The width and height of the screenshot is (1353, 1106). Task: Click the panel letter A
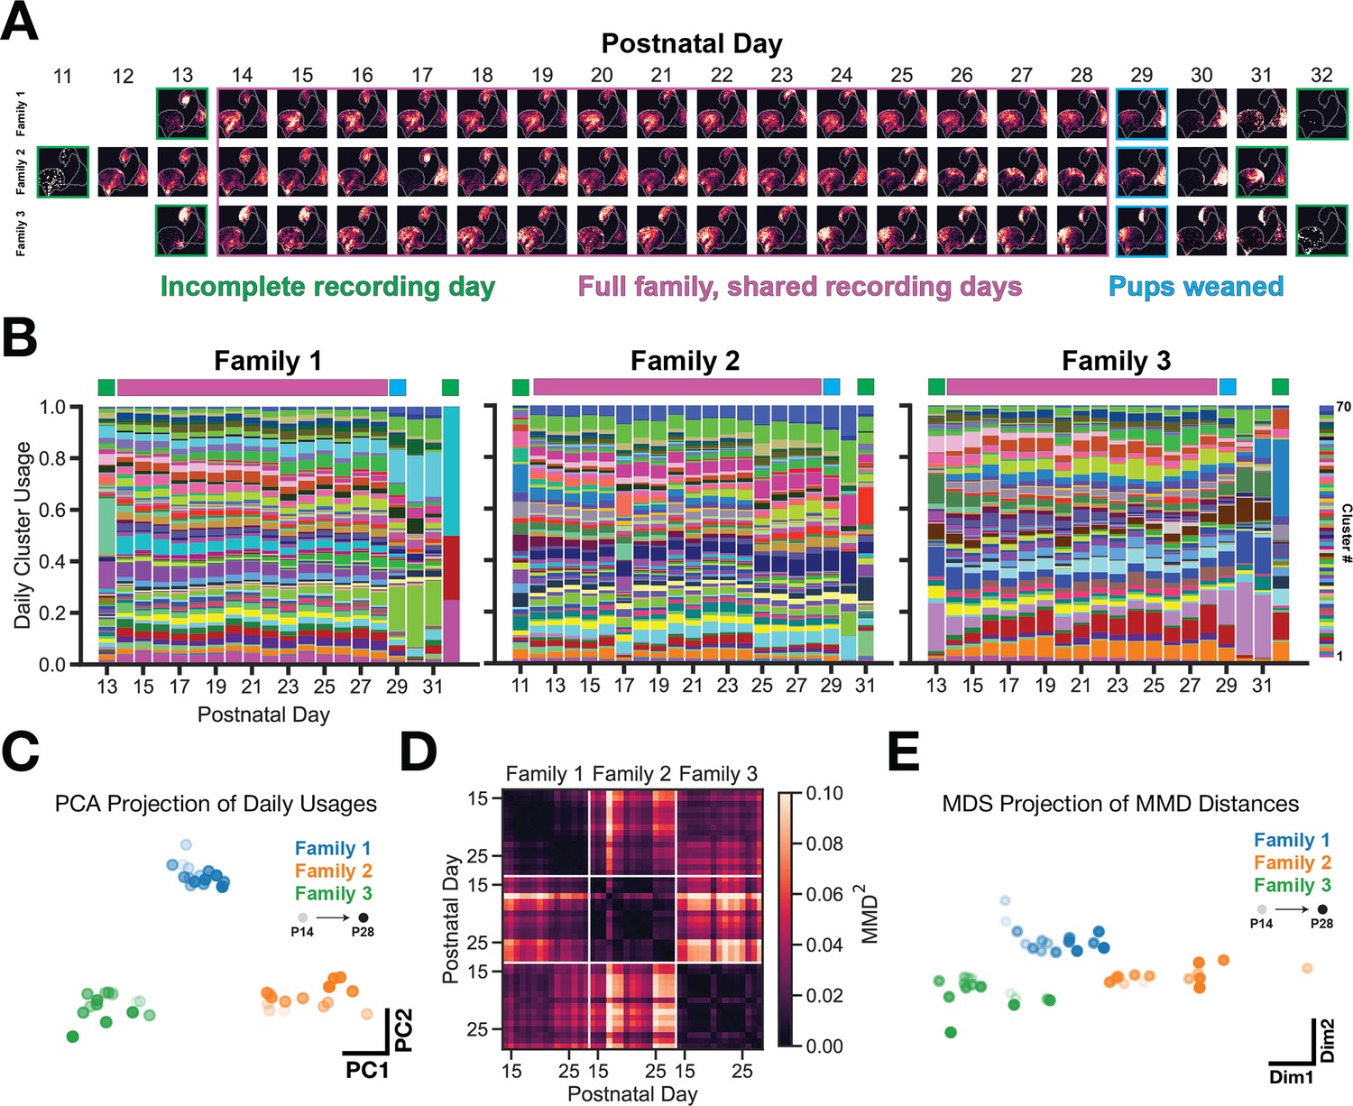[20, 23]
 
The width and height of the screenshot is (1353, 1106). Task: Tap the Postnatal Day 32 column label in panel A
[1321, 76]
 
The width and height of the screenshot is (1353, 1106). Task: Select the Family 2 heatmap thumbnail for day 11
[63, 172]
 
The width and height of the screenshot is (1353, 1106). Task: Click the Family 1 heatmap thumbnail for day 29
[1141, 114]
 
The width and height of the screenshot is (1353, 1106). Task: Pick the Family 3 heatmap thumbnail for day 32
[1321, 231]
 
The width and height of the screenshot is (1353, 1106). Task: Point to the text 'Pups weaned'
[1196, 286]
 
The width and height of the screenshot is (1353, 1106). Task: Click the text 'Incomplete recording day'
[327, 287]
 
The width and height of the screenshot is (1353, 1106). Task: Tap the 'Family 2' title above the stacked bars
[685, 361]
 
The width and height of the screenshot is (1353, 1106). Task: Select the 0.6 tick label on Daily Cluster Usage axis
[53, 510]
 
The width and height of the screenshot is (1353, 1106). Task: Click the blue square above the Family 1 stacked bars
[398, 388]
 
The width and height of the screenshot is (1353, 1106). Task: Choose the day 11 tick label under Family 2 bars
[520, 686]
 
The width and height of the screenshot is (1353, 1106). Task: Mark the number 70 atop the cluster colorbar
[1343, 407]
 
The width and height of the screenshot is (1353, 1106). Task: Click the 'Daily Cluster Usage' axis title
[23, 535]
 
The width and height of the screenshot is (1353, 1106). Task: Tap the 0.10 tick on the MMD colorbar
[824, 794]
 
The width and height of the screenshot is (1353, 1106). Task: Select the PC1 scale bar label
[367, 1070]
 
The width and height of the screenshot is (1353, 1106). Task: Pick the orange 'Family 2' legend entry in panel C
[333, 871]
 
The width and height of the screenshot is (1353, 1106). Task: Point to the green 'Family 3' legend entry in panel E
[1292, 885]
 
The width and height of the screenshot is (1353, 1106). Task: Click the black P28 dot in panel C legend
[364, 918]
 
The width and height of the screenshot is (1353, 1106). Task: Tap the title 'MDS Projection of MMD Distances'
[1120, 804]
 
